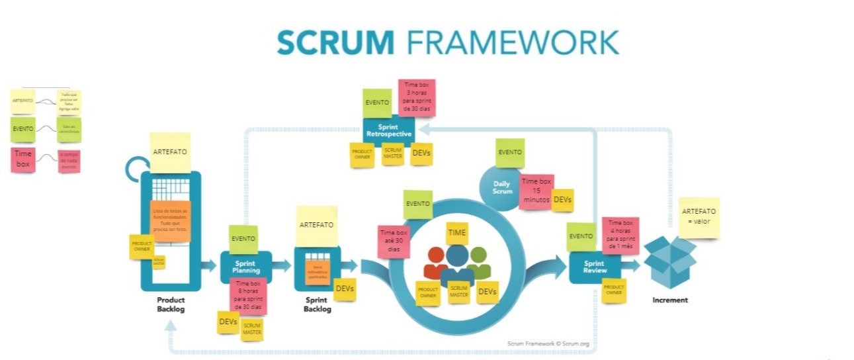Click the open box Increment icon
coord(669,262)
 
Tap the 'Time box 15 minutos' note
coord(536,192)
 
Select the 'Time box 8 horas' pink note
coord(247,295)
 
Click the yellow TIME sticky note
coord(456,233)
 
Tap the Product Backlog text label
coord(171,304)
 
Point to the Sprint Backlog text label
coord(317,304)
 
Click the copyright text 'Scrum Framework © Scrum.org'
coord(548,343)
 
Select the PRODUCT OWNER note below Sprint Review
coord(614,291)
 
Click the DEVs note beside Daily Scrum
coord(563,200)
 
